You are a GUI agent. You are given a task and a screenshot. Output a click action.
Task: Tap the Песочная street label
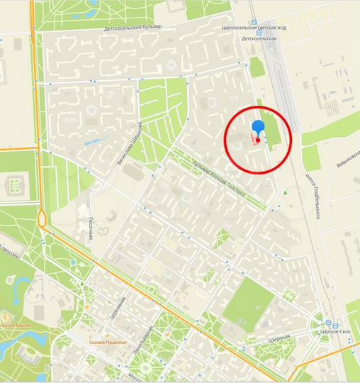point(92,228)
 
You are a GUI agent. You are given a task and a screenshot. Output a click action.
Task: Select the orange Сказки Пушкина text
point(108,343)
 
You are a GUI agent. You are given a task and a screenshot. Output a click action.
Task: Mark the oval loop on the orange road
point(43,219)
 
